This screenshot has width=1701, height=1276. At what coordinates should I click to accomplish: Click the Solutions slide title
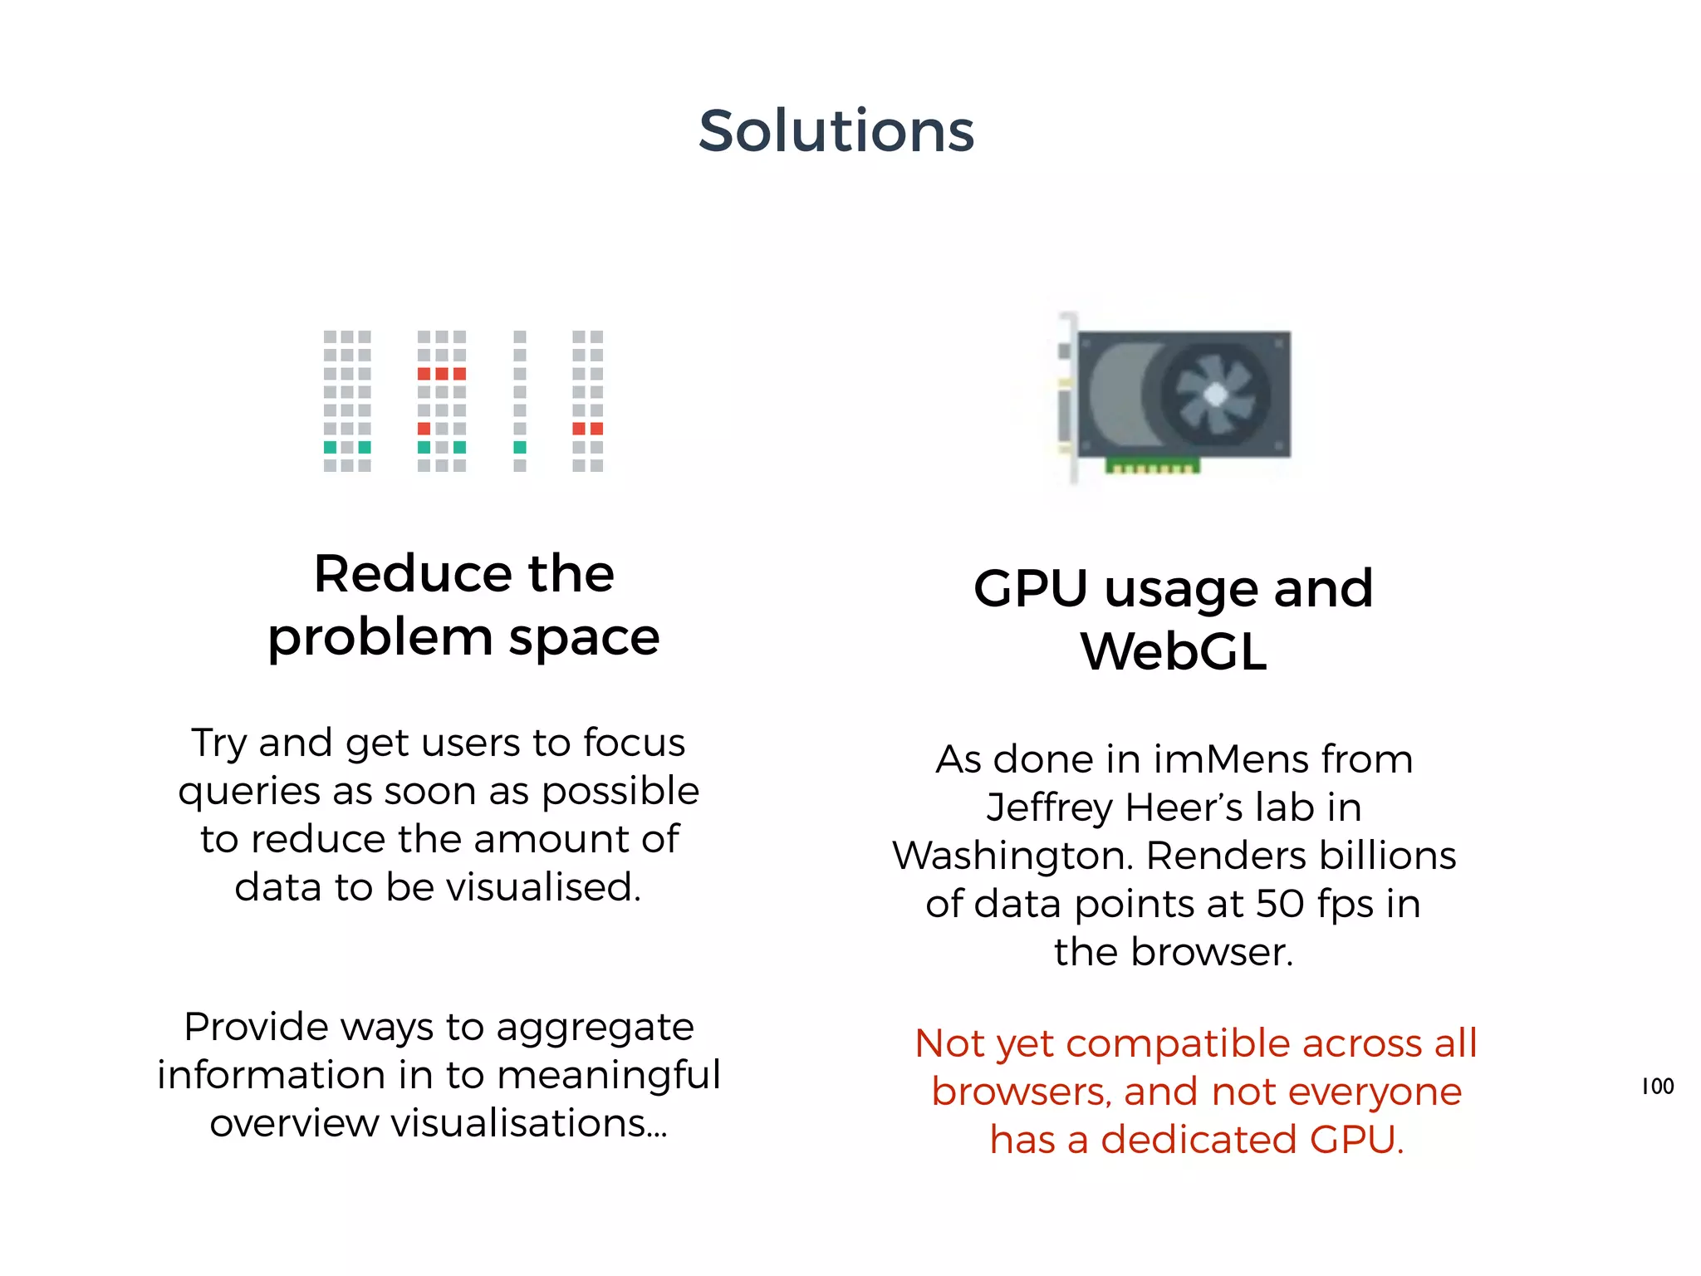click(836, 131)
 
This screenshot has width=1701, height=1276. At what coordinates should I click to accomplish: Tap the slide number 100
click(1657, 1086)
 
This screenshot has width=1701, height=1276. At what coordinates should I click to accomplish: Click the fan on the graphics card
click(1214, 395)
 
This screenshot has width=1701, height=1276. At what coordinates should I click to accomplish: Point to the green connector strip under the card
click(1152, 467)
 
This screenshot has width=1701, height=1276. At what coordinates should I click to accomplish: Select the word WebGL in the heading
click(1174, 651)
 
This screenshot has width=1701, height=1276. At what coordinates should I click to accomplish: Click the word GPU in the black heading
click(1030, 589)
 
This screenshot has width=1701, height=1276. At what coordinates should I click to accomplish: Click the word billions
click(1387, 856)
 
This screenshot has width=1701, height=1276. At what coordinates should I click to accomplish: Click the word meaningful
click(609, 1076)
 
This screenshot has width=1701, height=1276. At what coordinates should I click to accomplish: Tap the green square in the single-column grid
click(520, 448)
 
